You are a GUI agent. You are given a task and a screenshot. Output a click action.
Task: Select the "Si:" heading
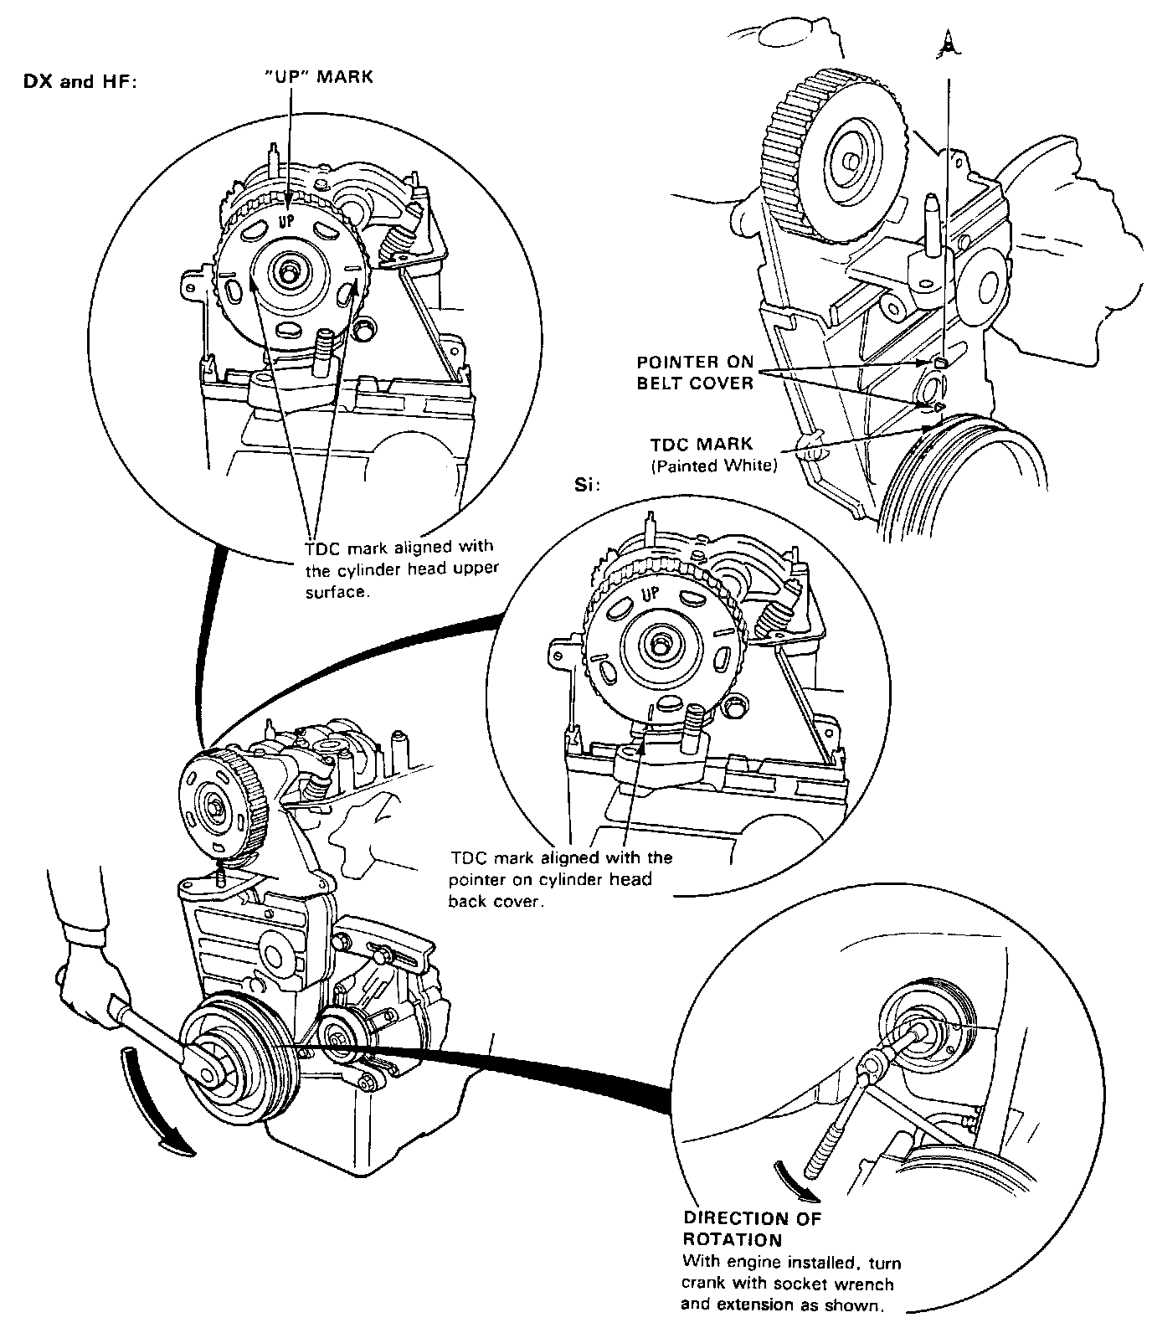[x=588, y=486]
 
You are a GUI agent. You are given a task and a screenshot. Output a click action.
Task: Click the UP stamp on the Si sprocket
[x=651, y=595]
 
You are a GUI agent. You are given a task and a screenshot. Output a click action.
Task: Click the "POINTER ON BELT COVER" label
[x=696, y=373]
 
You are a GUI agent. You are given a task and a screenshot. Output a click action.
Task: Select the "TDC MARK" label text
[x=702, y=445]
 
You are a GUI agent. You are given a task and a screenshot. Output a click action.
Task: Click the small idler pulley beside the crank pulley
[x=339, y=1036]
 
